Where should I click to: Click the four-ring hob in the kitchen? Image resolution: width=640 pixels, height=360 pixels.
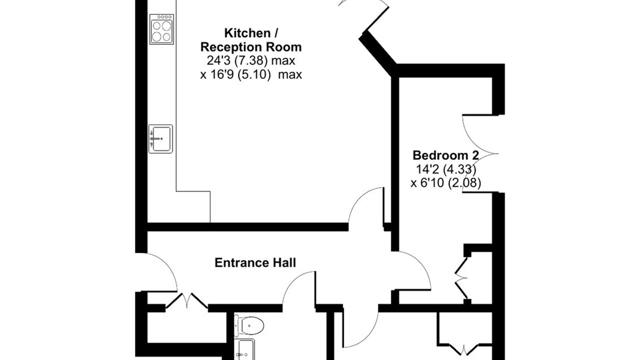[x=162, y=29]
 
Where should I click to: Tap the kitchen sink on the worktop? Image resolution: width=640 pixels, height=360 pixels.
[x=160, y=138]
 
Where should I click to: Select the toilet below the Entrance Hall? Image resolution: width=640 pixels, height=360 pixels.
[x=249, y=326]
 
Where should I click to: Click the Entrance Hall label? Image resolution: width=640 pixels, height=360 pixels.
[x=255, y=263]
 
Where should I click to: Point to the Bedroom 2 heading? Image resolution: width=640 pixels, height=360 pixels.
[x=446, y=156]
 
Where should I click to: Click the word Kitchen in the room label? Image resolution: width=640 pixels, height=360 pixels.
[x=248, y=33]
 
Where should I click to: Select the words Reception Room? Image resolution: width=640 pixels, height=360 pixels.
[x=251, y=47]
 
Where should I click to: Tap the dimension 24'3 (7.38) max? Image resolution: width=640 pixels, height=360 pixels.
[x=251, y=60]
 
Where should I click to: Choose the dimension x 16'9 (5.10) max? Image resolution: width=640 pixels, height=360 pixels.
[x=251, y=74]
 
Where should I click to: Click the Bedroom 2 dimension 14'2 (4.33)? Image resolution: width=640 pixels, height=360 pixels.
[x=446, y=169]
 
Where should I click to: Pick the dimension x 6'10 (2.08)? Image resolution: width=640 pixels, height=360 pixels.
[x=446, y=183]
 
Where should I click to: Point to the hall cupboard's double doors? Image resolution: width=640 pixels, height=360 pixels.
[x=187, y=300]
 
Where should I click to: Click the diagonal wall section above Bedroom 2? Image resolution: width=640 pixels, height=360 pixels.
[x=378, y=53]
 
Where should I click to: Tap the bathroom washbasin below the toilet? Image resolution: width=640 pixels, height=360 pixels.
[x=244, y=349]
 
